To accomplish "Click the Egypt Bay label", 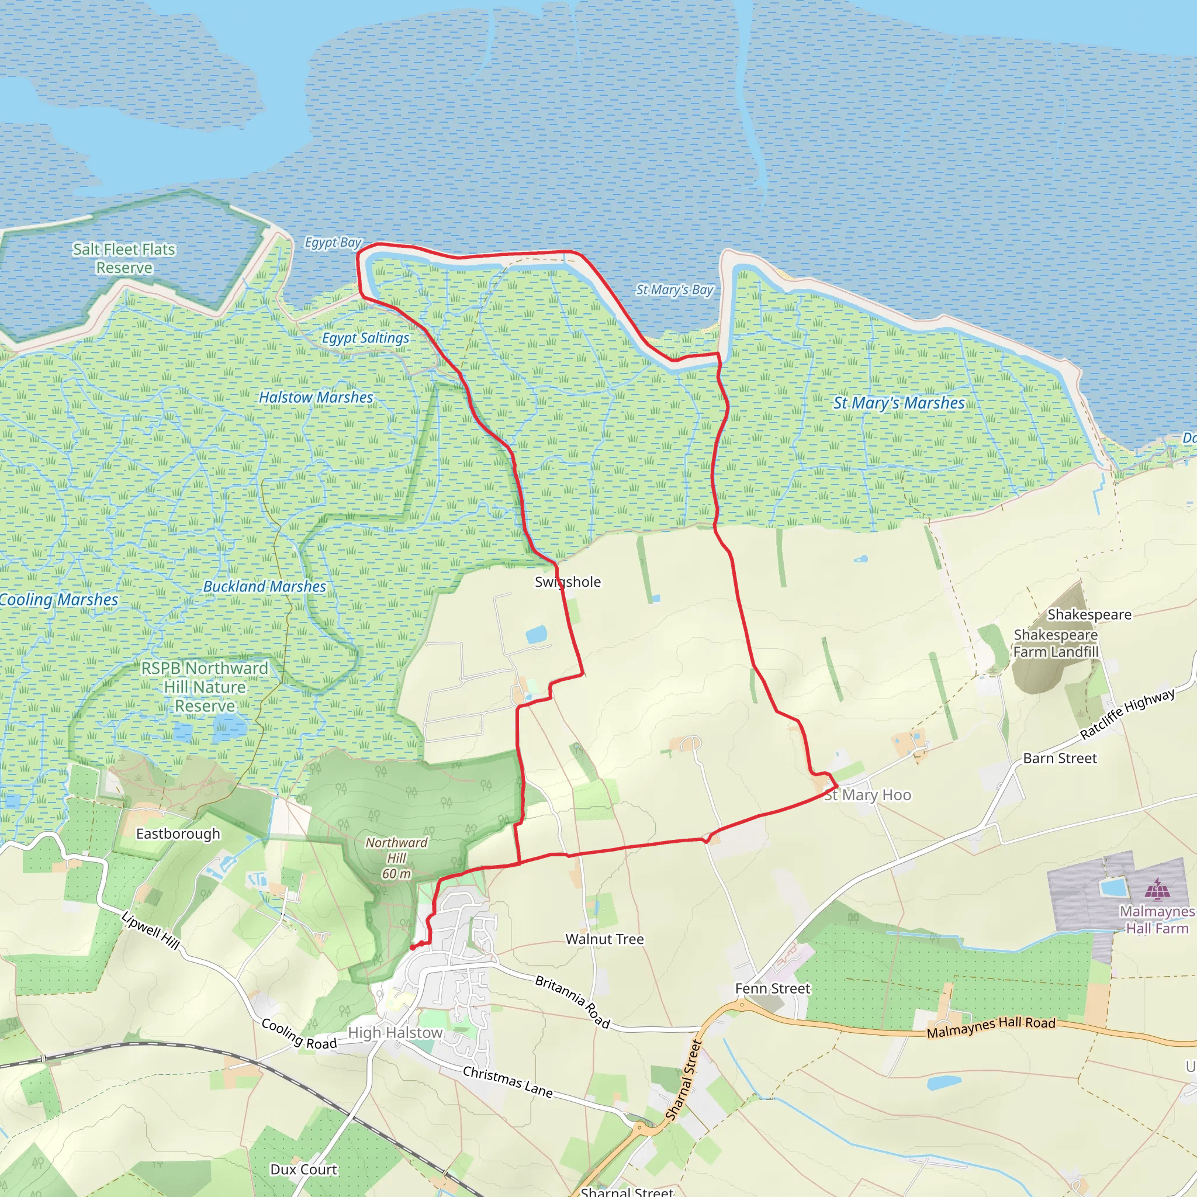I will click(x=333, y=242).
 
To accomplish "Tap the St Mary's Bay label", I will click(x=674, y=289).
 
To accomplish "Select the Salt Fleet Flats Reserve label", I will click(x=124, y=258).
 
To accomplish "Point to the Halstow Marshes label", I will click(x=316, y=397).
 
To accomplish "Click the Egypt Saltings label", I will click(x=365, y=338).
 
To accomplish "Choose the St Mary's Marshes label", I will click(x=898, y=403).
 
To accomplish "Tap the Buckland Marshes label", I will click(x=265, y=586).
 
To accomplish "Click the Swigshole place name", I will click(x=568, y=582).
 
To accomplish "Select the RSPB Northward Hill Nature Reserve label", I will click(x=205, y=687).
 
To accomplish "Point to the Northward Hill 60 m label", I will click(x=396, y=858).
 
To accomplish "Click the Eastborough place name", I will click(x=178, y=833).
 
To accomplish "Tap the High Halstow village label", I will click(x=395, y=1033).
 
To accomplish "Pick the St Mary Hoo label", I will click(x=867, y=795).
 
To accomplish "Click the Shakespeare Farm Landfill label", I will click(x=1056, y=643).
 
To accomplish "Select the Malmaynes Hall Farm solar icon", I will click(x=1157, y=888).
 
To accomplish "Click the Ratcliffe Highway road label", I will click(x=1127, y=714).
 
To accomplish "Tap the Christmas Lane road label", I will click(x=507, y=1081).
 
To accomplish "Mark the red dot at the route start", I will click(x=413, y=947).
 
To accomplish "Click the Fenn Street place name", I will click(x=773, y=988).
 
